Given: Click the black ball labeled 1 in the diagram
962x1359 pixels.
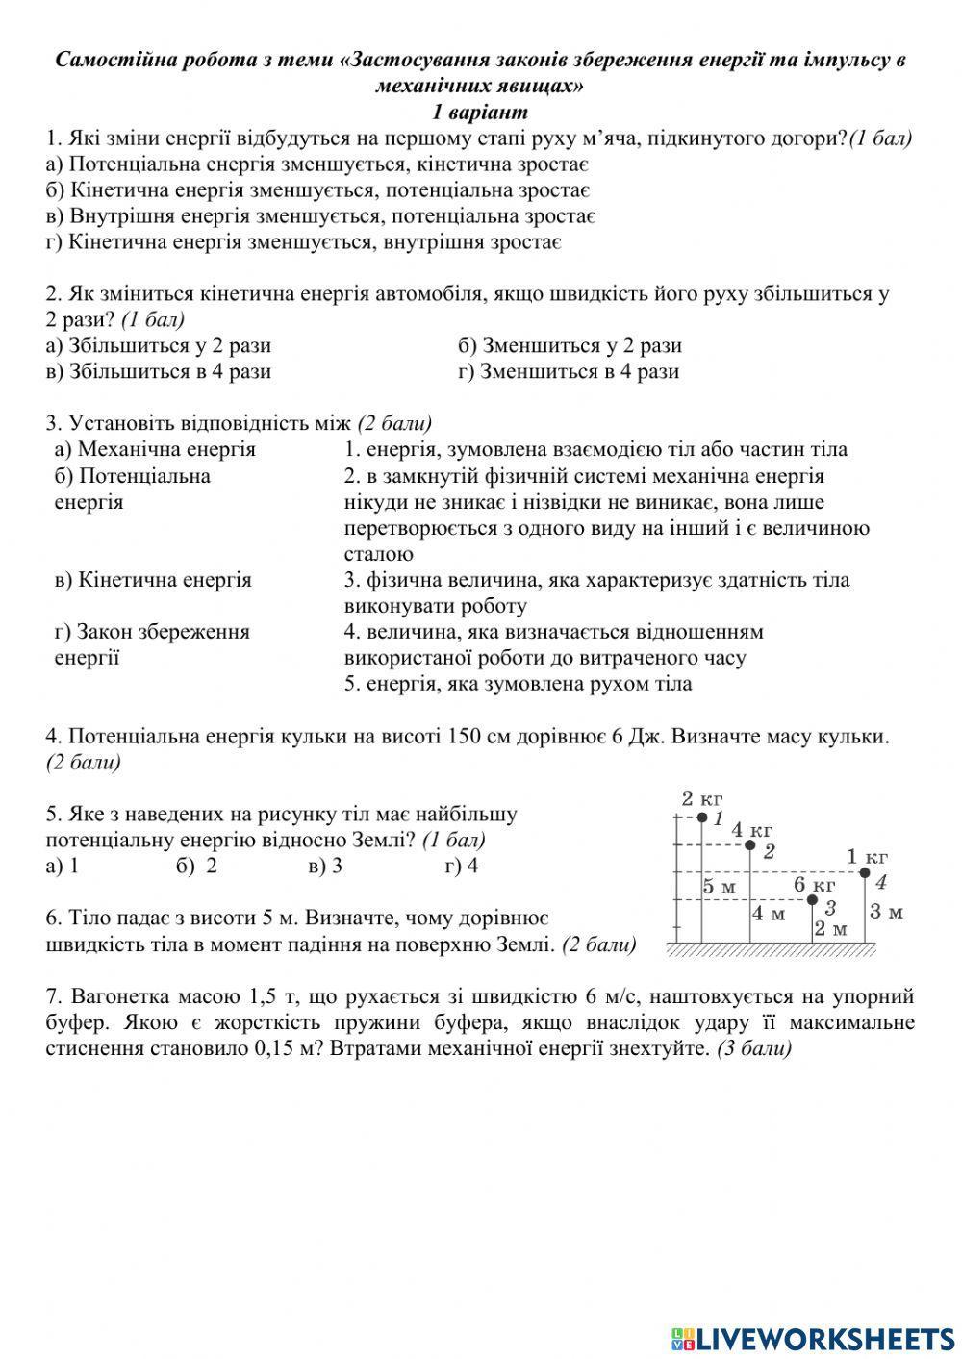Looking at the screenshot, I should (700, 818).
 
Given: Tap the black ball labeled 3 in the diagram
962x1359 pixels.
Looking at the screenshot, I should (811, 900).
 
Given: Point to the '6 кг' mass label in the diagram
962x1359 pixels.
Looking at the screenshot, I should (814, 884).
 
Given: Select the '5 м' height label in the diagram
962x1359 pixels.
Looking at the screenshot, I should (719, 887).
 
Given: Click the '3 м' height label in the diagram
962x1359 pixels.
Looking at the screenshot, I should (886, 911).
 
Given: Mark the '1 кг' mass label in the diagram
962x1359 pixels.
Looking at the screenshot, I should (867, 856).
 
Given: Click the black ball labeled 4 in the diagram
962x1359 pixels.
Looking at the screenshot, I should (864, 873).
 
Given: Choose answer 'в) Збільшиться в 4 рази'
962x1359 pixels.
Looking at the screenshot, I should (159, 371).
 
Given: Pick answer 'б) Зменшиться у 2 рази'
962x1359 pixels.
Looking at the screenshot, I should (570, 345).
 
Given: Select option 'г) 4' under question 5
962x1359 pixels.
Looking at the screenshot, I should (462, 866).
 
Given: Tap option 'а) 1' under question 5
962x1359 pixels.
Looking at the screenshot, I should (62, 866).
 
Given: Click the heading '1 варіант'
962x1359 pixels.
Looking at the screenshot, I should (480, 112).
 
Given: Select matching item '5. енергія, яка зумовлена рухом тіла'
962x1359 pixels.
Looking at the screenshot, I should (518, 684).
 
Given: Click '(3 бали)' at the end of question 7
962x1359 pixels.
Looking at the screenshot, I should (754, 1048).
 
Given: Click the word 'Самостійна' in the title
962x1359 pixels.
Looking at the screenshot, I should (109, 60).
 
